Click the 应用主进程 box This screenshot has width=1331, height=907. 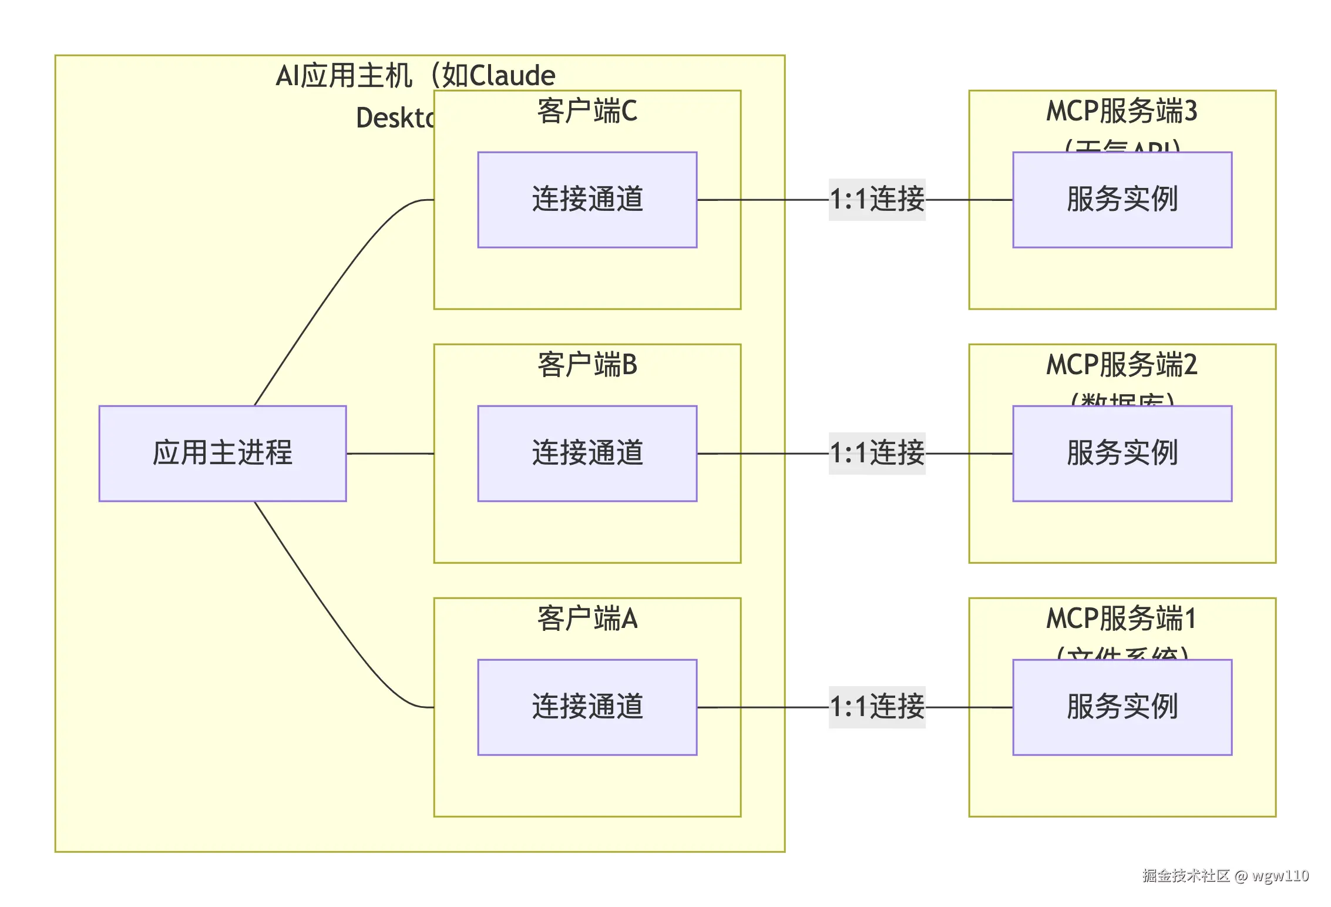pyautogui.click(x=223, y=453)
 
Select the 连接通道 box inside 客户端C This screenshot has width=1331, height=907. pyautogui.click(x=587, y=200)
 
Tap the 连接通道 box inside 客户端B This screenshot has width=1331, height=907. pyautogui.click(x=587, y=453)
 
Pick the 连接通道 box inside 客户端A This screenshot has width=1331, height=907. pyautogui.click(x=587, y=707)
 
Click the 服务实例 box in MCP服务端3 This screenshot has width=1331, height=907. pyautogui.click(x=1122, y=200)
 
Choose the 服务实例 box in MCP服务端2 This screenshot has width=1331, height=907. pyautogui.click(x=1122, y=453)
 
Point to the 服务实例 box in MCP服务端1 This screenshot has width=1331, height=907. pyautogui.click(x=1122, y=707)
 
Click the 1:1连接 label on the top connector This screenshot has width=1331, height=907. pyautogui.click(x=877, y=200)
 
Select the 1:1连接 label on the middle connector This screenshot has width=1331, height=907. pyautogui.click(x=877, y=453)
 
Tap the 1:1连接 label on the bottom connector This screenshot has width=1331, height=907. pyautogui.click(x=877, y=707)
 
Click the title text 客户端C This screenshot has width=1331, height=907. pyautogui.click(x=587, y=111)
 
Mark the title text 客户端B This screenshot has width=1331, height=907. pyautogui.click(x=587, y=365)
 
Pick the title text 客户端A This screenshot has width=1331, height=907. pyautogui.click(x=587, y=619)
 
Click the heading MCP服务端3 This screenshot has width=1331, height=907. pyautogui.click(x=1121, y=111)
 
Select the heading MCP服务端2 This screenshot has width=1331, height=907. pyautogui.click(x=1121, y=365)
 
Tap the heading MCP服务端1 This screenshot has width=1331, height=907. pyautogui.click(x=1121, y=619)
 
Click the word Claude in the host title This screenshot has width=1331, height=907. pyautogui.click(x=512, y=76)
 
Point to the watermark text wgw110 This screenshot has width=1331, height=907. pyautogui.click(x=1280, y=876)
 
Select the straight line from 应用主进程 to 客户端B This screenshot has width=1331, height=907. pyautogui.click(x=390, y=453)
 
